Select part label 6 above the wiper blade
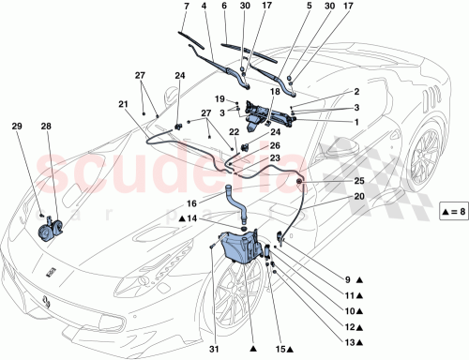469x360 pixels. [x=224, y=7]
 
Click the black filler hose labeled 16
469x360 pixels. [x=227, y=201]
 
